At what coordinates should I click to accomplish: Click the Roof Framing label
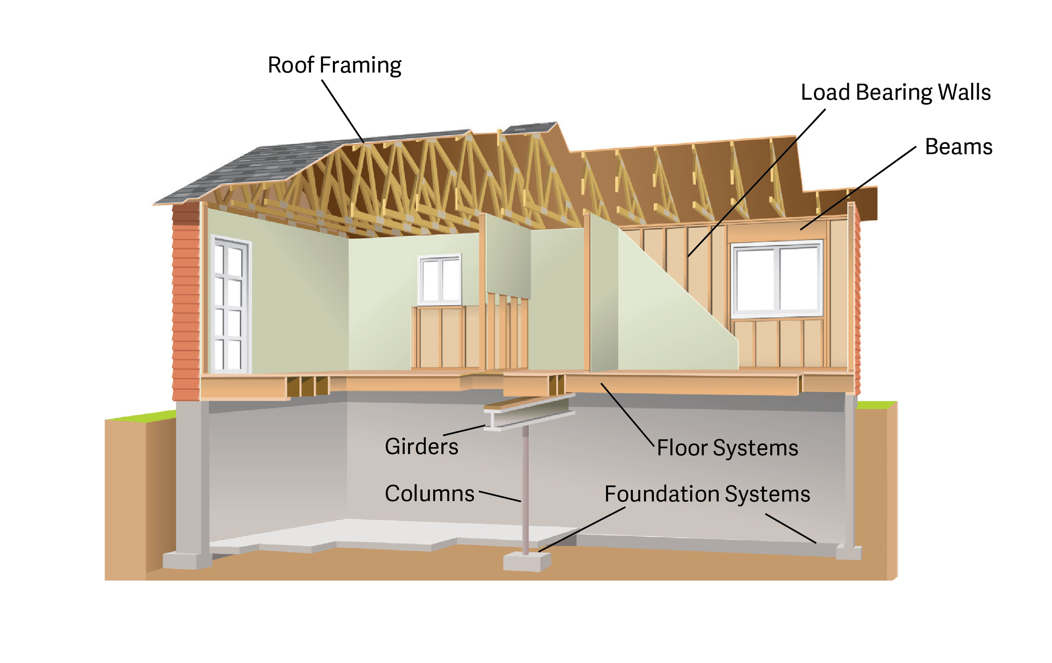(334, 66)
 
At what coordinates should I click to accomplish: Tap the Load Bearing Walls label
(895, 92)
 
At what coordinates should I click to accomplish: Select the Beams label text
(959, 147)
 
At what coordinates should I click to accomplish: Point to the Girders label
(421, 446)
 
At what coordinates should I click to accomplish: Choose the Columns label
(429, 494)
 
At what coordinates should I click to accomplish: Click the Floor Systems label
(728, 448)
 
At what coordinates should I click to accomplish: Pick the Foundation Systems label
(707, 494)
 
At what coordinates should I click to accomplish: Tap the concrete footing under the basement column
(526, 562)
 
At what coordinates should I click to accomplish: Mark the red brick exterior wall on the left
(186, 306)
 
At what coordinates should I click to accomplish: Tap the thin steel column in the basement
(526, 489)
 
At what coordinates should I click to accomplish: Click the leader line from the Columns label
(500, 496)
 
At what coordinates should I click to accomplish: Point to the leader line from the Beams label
(858, 188)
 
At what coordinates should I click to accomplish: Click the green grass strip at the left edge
(140, 416)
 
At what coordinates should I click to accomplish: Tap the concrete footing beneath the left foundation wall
(187, 560)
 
